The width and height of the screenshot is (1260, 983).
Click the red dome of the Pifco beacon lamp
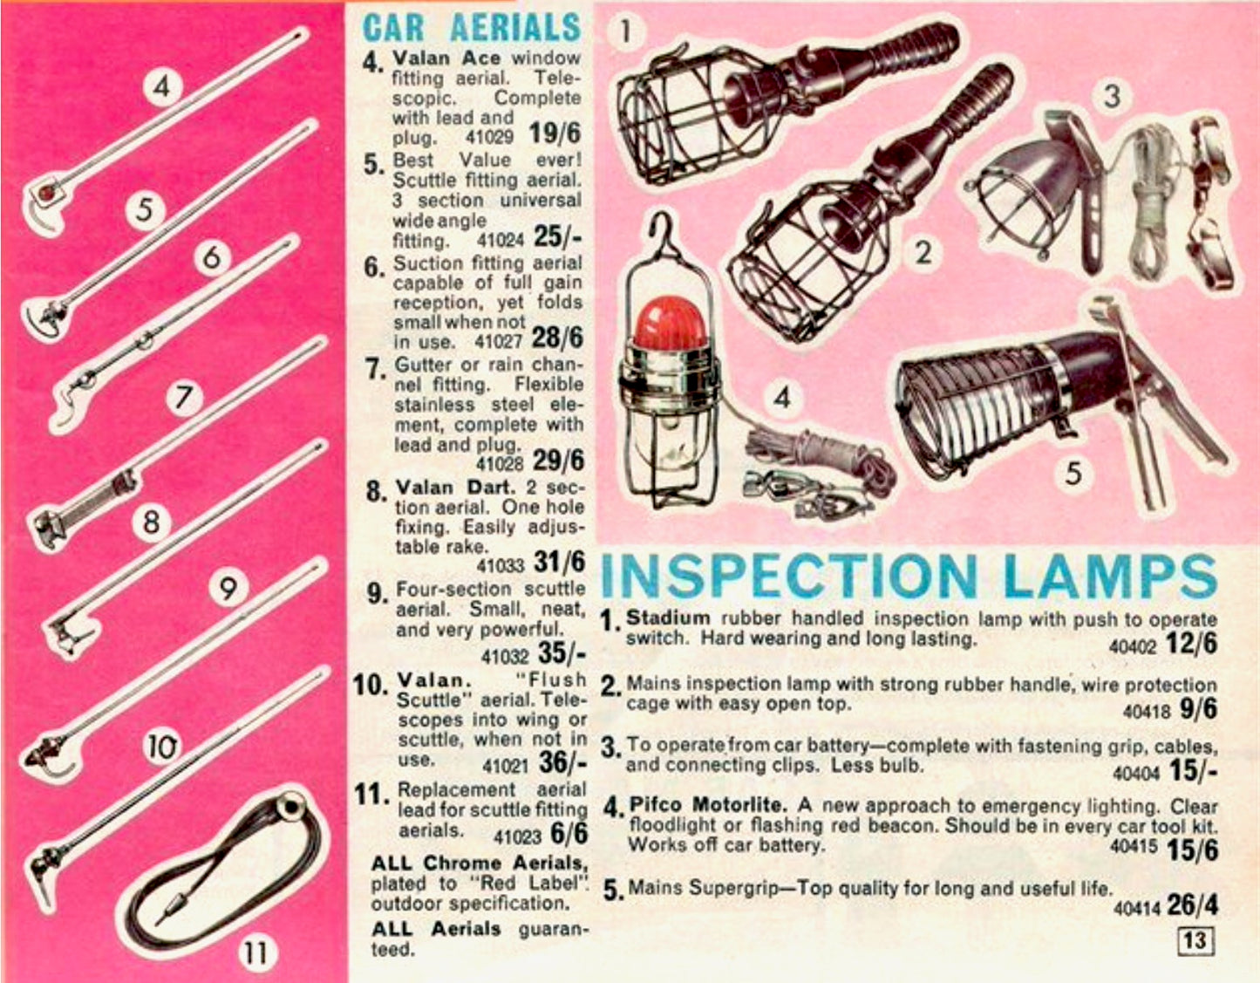tap(670, 324)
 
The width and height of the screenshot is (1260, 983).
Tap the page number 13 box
tap(1195, 939)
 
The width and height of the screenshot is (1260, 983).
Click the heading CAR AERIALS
tap(472, 27)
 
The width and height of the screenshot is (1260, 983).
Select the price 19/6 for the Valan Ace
tap(555, 134)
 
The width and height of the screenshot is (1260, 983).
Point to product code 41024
tap(500, 240)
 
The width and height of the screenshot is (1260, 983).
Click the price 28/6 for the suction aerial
tap(557, 338)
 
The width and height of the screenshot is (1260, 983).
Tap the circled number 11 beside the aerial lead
tap(257, 952)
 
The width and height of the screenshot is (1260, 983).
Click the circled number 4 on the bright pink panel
tap(163, 87)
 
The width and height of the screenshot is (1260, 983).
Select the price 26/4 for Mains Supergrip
tap(1192, 905)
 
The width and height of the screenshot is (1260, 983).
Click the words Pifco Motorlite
tap(708, 805)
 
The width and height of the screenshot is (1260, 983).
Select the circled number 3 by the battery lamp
tap(1112, 96)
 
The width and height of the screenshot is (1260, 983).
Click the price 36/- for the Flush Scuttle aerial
tap(562, 761)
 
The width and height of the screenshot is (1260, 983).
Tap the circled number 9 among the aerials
tap(228, 589)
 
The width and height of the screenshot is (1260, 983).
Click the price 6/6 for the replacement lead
tap(569, 834)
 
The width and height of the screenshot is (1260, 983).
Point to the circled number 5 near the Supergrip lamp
tap(1073, 474)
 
